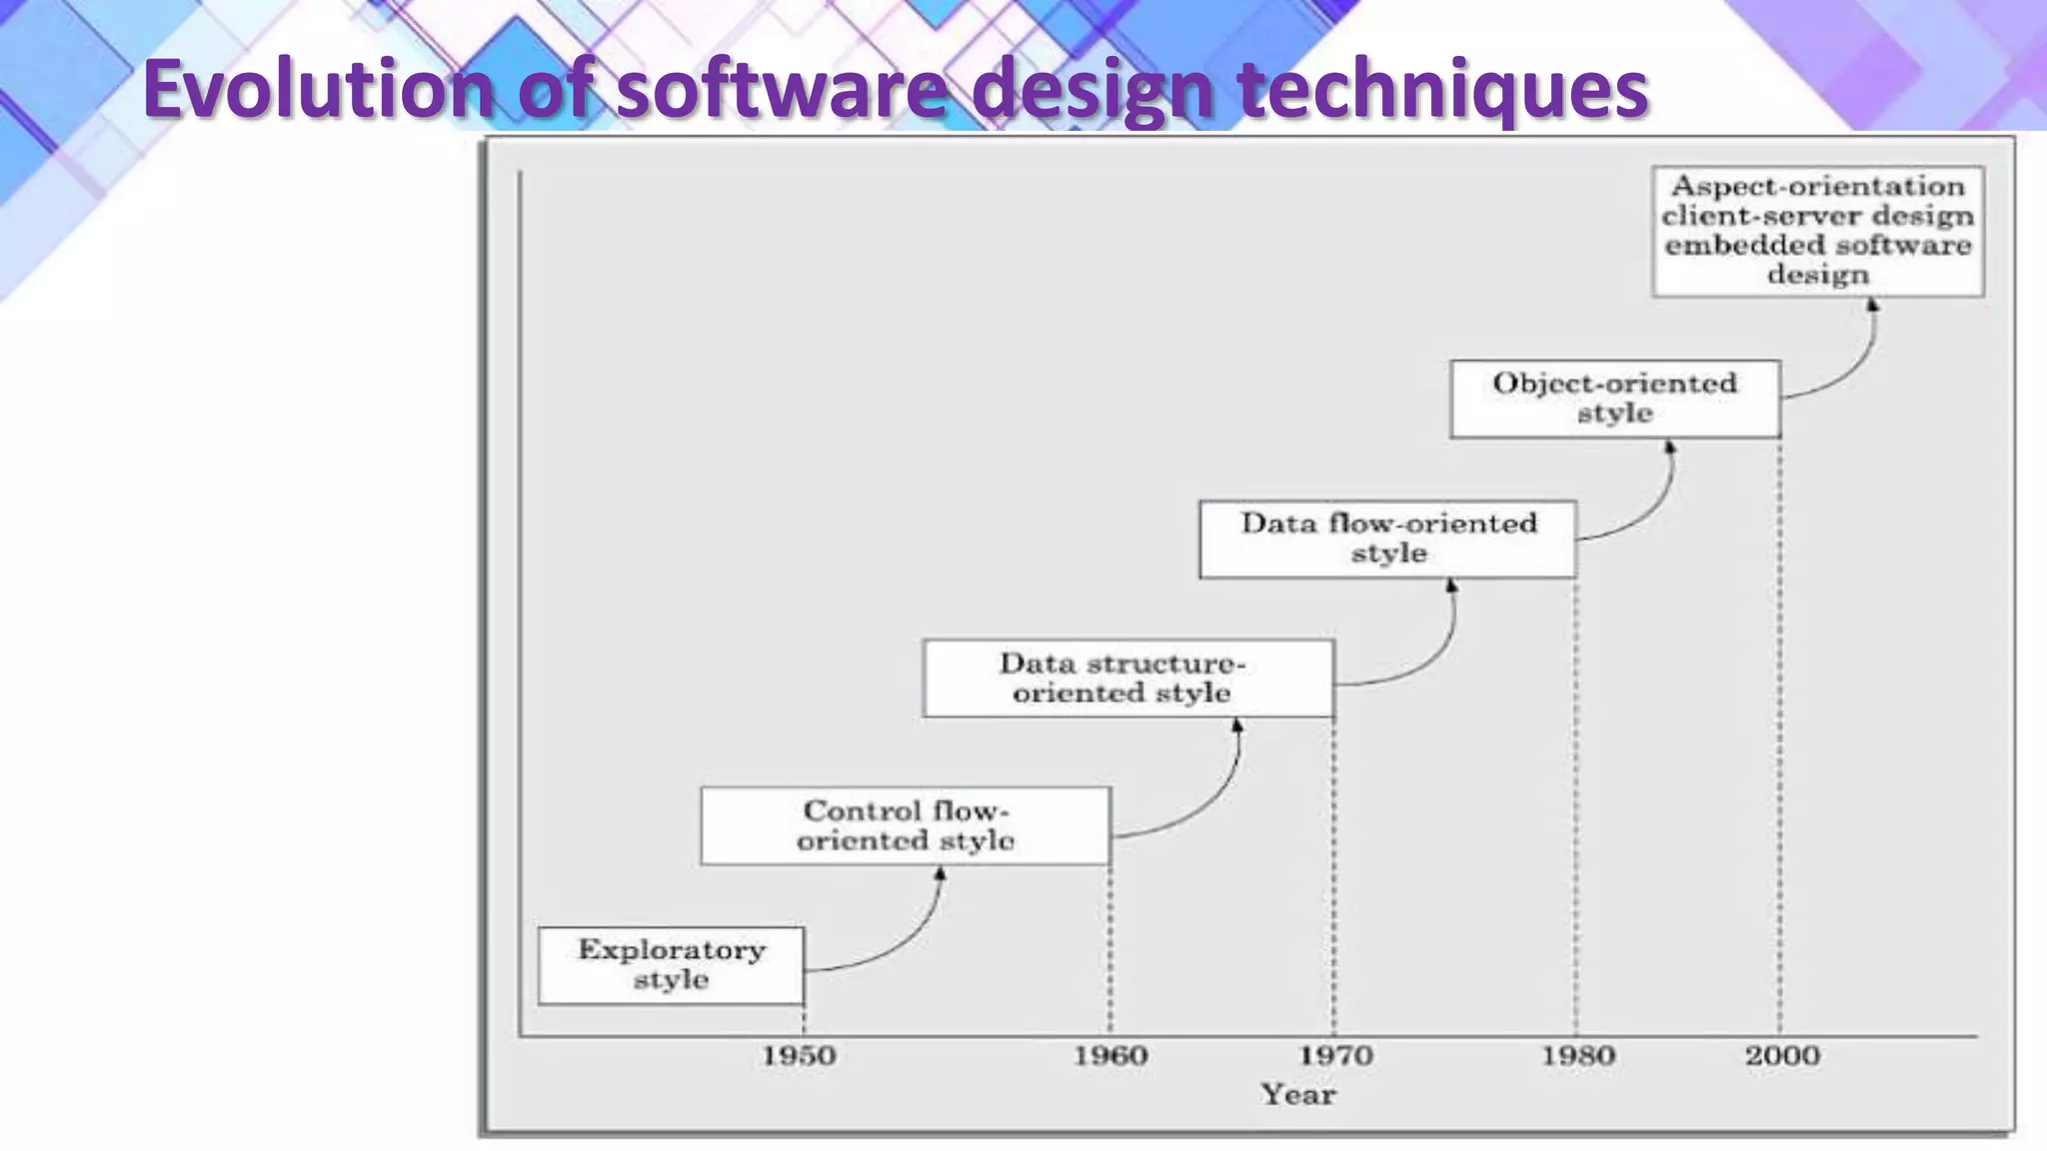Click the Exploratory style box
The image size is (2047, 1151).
671,965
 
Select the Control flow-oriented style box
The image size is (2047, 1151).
906,825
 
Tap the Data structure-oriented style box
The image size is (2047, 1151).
1128,678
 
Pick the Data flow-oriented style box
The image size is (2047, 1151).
1387,539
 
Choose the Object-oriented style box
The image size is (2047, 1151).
1614,399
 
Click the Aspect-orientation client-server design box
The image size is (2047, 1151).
1817,231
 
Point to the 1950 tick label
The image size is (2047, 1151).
799,1056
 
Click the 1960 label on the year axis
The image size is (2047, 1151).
1109,1056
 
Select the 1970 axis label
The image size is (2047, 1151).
1334,1056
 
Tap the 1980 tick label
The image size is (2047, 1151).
1577,1056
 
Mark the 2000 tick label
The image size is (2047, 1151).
1782,1056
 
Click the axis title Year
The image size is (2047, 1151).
1297,1095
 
